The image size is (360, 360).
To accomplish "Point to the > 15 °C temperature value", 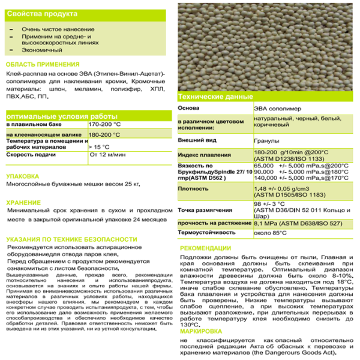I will coord(99,146).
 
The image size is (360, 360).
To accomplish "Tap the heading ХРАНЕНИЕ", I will coord(23,203).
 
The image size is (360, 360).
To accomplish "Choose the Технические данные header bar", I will coord(209,97).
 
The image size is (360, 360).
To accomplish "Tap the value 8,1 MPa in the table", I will coord(261,223).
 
